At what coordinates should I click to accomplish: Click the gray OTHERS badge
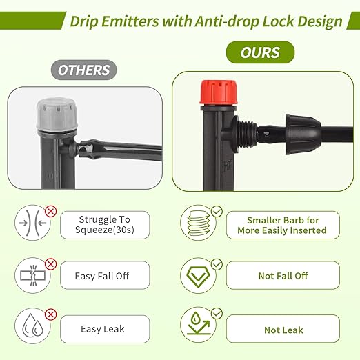point(84,70)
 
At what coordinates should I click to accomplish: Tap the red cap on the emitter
point(219,94)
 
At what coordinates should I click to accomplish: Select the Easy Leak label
point(104,328)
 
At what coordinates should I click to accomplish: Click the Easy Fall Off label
point(103,276)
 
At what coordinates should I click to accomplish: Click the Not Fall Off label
point(283,275)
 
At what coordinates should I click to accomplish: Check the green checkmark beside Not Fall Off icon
point(217,264)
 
